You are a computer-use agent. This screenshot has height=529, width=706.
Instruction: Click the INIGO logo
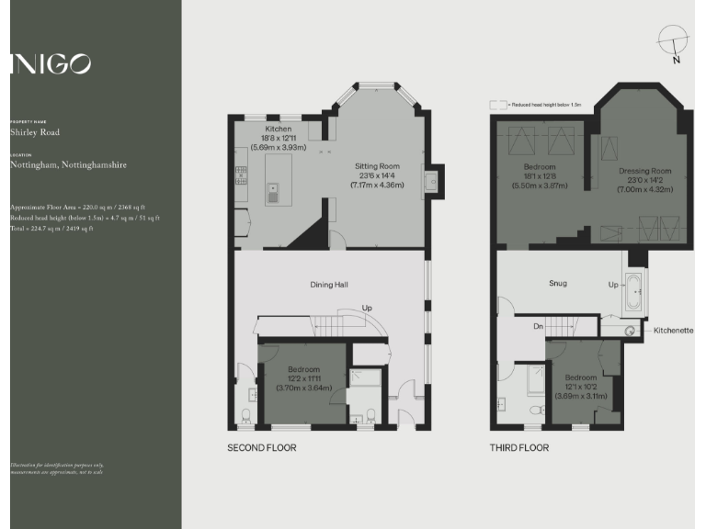pyautogui.click(x=51, y=63)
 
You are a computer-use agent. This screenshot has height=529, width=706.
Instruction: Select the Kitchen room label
pyautogui.click(x=279, y=129)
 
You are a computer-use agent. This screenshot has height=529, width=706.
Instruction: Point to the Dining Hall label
pyautogui.click(x=329, y=285)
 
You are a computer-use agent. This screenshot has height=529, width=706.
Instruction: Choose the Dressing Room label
pyautogui.click(x=644, y=171)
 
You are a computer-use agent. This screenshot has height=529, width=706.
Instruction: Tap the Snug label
pyautogui.click(x=558, y=283)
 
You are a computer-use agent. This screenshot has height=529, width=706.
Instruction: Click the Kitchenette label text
pyautogui.click(x=674, y=330)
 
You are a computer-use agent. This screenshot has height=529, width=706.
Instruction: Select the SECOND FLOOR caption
pyautogui.click(x=262, y=448)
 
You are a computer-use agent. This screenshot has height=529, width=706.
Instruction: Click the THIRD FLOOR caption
pyautogui.click(x=519, y=448)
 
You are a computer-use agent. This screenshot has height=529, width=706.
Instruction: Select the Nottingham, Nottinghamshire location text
pyautogui.click(x=68, y=165)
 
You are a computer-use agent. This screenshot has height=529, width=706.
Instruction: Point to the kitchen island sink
pyautogui.click(x=274, y=191)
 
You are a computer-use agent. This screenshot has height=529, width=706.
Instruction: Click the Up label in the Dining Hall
pyautogui.click(x=367, y=308)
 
